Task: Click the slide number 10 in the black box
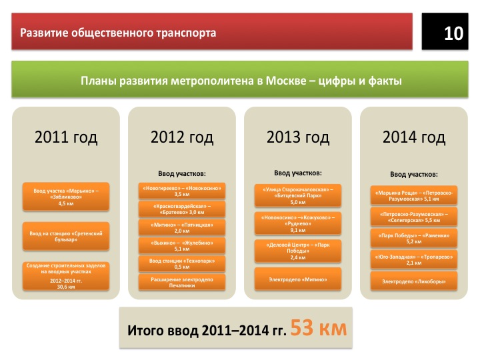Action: pos(453,33)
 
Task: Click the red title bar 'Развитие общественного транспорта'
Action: pos(212,31)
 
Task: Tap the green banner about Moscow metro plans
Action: pos(240,79)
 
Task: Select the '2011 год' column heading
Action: pos(66,137)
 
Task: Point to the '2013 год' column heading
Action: pos(298,137)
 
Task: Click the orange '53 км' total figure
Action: pos(319,328)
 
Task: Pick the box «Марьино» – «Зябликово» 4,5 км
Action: pos(66,197)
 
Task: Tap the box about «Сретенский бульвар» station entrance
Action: pos(66,236)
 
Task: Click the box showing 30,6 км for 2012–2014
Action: pos(66,276)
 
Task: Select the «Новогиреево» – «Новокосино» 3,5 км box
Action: pos(182,191)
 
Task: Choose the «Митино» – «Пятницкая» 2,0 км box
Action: pos(182,227)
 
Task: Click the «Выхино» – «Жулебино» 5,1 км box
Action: pos(182,245)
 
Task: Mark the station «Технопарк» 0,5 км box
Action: pos(182,264)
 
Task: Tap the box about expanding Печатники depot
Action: pos(182,282)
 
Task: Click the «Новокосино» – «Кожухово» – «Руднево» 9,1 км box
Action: pos(298,223)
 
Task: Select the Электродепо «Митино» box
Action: pos(298,279)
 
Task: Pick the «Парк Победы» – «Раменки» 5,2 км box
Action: pos(414,238)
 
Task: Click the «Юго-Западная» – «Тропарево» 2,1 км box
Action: pos(414,259)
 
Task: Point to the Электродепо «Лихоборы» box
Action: pos(414,281)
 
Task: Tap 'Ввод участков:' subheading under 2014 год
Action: pos(414,174)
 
